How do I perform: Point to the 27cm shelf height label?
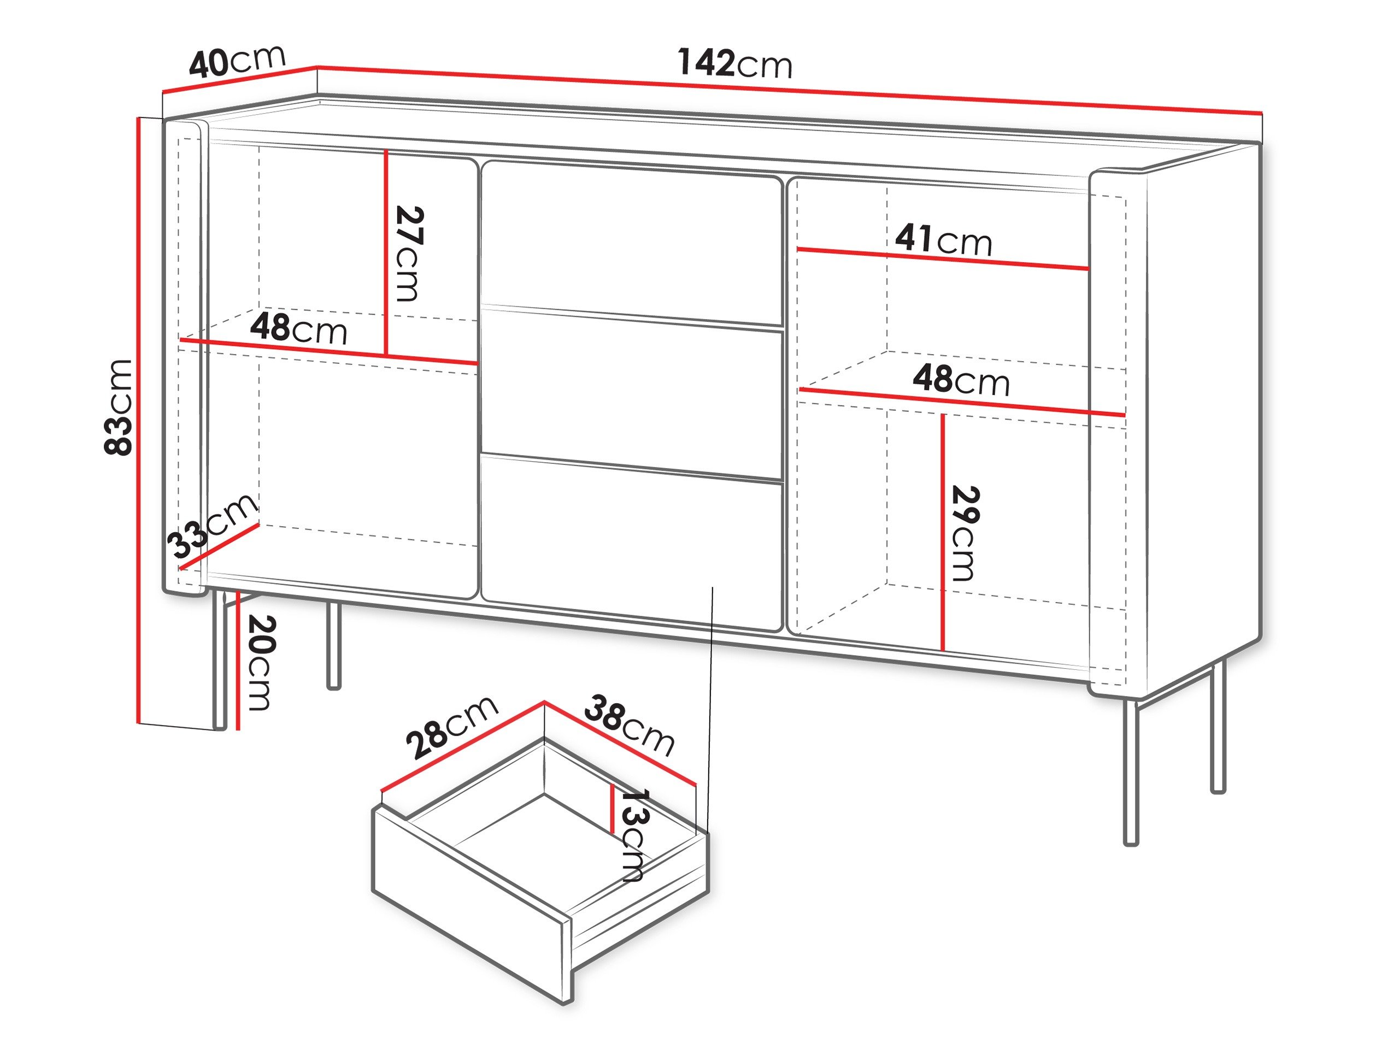tap(408, 254)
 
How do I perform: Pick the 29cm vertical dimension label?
tap(965, 533)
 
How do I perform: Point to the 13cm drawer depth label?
tap(632, 835)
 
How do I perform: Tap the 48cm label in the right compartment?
tap(961, 381)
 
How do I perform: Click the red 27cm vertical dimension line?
tap(385, 253)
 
